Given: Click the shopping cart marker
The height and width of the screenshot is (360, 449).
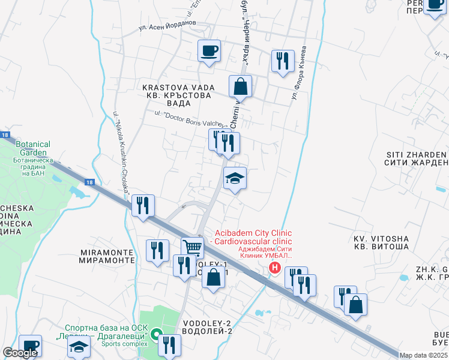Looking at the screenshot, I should point(192,247).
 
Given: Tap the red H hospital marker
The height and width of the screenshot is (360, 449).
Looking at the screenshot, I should point(275,268).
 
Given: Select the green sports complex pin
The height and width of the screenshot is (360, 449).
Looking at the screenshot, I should point(156,334).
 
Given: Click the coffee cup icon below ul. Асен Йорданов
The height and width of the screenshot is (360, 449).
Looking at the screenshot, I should point(209,51).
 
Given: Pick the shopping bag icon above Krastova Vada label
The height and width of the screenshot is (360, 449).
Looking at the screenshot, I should point(240,86).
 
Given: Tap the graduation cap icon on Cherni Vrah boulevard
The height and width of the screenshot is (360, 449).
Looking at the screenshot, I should point(235,178).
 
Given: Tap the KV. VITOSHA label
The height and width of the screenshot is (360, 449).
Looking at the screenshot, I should point(381,242).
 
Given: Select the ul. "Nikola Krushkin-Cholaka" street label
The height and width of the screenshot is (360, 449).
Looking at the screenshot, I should point(121,150).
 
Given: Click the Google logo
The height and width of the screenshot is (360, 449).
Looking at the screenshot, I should point(20,353).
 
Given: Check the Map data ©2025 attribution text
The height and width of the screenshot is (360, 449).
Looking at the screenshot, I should point(423,355).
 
